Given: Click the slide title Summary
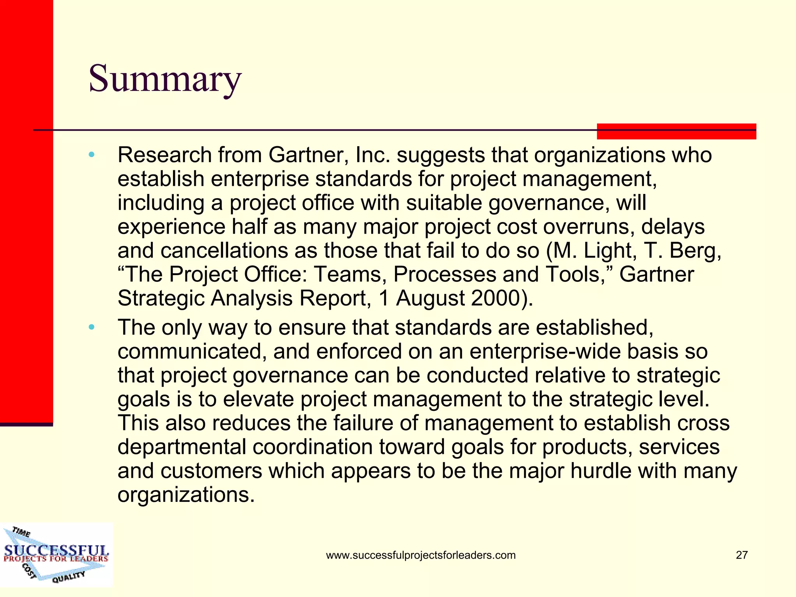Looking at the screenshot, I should click(x=165, y=79).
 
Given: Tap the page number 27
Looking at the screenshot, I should click(x=742, y=555).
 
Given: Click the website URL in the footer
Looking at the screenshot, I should click(x=421, y=555).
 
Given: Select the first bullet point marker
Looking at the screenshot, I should click(x=91, y=155).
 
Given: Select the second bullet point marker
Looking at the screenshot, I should click(x=91, y=327).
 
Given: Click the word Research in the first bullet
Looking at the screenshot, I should click(x=164, y=155).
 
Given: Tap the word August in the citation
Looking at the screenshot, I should click(x=430, y=298).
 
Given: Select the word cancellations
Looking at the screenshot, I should click(x=224, y=251).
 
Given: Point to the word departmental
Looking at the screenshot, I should click(x=182, y=447).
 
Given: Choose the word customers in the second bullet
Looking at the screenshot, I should click(x=211, y=471).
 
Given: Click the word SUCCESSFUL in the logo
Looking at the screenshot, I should click(x=56, y=550).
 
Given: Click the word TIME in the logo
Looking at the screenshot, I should click(x=21, y=531).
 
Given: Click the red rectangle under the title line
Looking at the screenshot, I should click(x=676, y=131).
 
